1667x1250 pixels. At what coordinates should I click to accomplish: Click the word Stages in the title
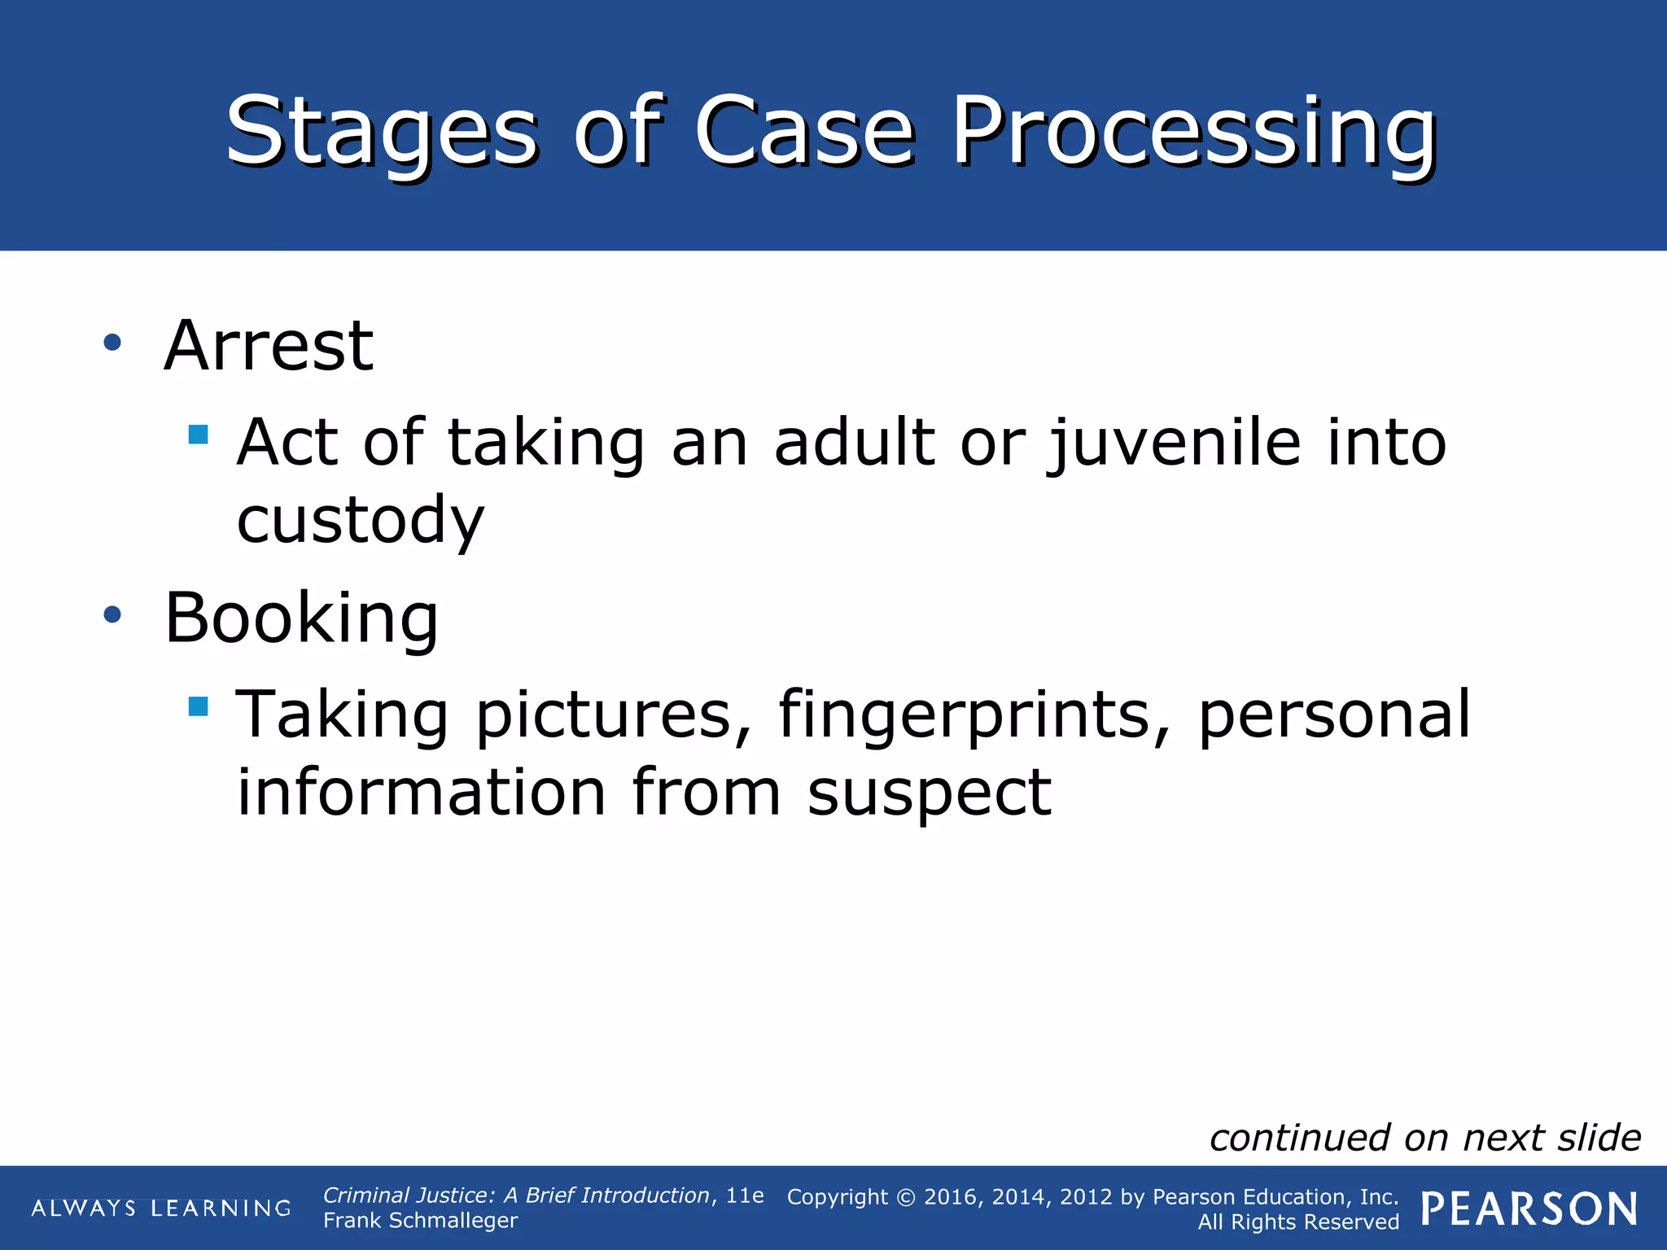(381, 132)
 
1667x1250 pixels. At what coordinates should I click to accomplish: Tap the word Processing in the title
(1193, 132)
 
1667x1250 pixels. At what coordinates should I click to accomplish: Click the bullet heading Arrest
(269, 346)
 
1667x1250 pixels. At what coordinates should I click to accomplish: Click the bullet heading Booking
(301, 618)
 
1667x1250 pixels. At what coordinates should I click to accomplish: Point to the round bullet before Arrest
(112, 343)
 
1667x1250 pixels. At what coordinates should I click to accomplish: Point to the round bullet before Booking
(112, 615)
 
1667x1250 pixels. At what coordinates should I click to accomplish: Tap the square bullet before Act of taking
(198, 434)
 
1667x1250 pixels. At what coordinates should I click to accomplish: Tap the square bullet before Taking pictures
(198, 706)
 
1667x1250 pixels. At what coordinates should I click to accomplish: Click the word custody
(360, 521)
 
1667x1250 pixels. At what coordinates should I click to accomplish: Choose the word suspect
(929, 793)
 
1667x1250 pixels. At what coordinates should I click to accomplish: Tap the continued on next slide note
(1424, 1138)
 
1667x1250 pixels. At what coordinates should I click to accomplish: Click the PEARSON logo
(1529, 1209)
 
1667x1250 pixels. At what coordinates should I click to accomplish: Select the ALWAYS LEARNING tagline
(161, 1208)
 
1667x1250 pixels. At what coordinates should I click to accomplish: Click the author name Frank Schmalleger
(420, 1221)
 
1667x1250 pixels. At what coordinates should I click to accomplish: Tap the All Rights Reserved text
(1297, 1222)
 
